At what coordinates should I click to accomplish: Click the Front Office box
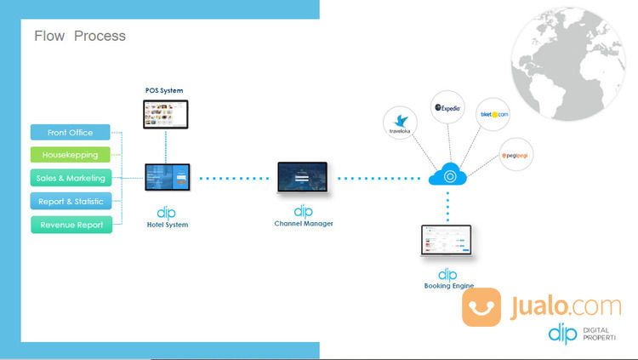point(70,133)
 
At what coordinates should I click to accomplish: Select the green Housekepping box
point(70,156)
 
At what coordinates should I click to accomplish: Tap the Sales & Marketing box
point(70,179)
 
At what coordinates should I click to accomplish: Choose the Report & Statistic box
point(70,202)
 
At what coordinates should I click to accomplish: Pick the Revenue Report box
point(70,225)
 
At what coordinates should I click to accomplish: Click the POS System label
point(164,90)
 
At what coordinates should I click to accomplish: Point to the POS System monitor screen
point(165,113)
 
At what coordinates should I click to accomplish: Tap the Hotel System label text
point(167,225)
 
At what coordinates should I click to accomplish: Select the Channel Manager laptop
point(303,178)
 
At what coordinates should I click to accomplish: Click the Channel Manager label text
point(303,224)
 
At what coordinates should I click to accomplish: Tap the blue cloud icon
point(447,175)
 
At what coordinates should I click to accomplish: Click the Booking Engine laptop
point(447,242)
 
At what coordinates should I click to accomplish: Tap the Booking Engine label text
point(448,286)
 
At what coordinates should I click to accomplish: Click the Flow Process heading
point(80,36)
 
